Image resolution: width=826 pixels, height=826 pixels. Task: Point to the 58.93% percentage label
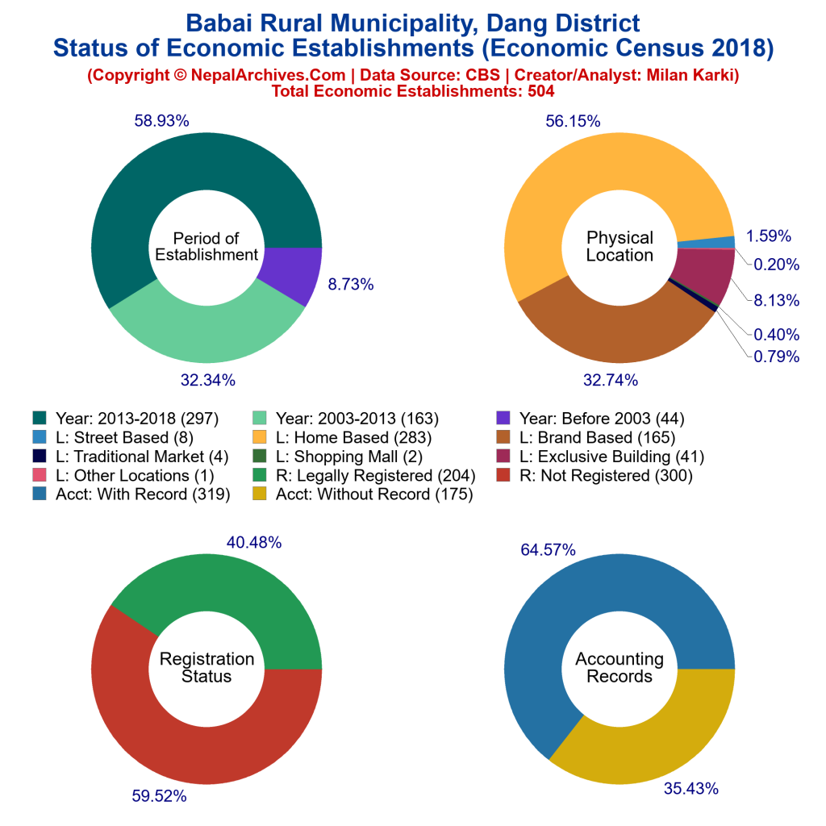coord(161,121)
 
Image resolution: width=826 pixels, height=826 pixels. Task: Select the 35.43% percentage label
coord(690,788)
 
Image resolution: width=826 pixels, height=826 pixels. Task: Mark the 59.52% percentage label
coord(160,796)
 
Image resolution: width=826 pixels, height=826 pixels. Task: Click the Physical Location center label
coord(619,246)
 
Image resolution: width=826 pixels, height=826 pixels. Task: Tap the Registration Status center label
coord(206,668)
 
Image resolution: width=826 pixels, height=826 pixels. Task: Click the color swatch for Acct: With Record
coord(40,494)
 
